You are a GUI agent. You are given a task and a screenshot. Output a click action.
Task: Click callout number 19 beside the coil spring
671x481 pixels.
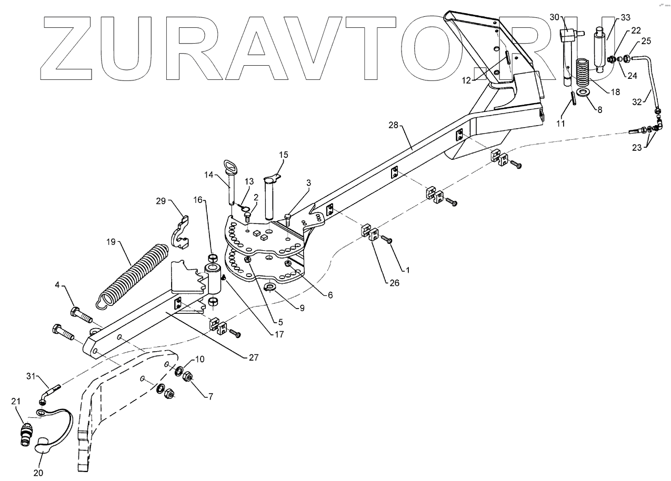click(110, 242)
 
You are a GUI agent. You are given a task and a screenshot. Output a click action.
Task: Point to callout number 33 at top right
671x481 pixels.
click(625, 17)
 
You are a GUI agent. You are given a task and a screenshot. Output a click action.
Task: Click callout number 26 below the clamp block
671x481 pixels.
click(394, 283)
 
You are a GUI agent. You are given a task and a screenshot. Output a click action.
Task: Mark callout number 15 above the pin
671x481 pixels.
click(284, 155)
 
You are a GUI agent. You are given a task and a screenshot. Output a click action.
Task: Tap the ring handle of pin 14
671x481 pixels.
click(231, 168)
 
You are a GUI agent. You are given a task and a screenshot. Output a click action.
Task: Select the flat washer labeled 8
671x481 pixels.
click(583, 93)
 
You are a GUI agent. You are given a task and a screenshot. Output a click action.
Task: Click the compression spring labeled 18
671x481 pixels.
click(584, 74)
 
